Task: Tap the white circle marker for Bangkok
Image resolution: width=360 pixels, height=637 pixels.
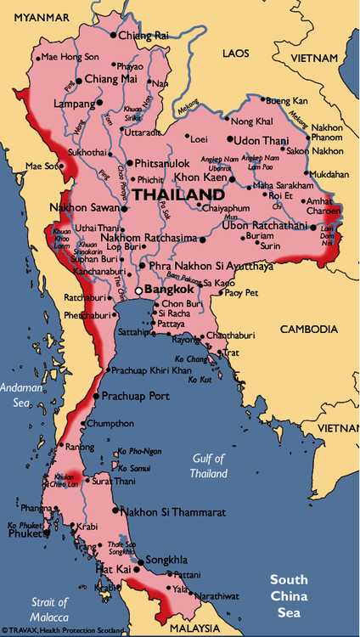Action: click(139, 290)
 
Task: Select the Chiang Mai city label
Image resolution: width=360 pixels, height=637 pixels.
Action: click(111, 79)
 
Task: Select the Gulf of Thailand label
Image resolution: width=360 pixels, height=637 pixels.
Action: click(209, 466)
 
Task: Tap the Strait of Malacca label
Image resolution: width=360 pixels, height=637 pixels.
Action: click(49, 608)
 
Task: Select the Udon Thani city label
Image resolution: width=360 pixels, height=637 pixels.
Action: click(262, 140)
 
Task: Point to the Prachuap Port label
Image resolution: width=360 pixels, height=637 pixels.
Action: click(136, 397)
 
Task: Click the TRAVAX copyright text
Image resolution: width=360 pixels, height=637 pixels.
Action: click(63, 630)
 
